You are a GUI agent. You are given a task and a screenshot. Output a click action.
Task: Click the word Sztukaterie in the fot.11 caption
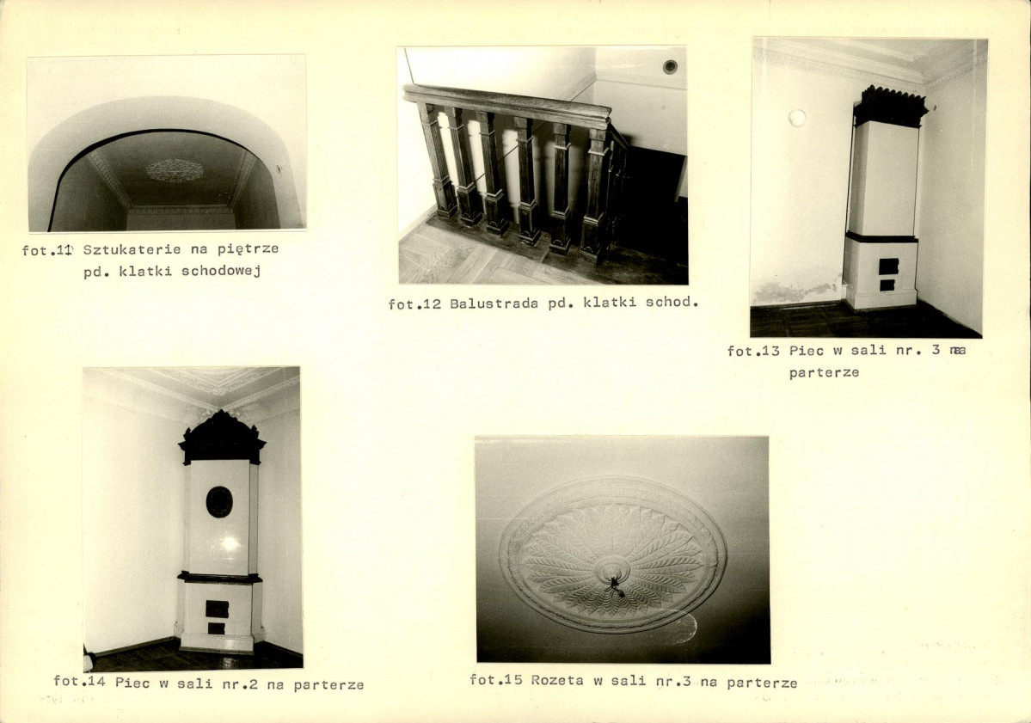(132, 249)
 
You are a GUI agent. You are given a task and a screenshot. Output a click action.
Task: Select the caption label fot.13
(753, 351)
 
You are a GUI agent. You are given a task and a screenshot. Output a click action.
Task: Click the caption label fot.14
(79, 682)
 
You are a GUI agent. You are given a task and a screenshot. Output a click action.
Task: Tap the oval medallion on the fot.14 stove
(219, 502)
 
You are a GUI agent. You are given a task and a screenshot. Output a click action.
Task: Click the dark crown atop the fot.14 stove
(222, 437)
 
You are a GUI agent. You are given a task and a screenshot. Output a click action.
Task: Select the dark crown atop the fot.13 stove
(890, 106)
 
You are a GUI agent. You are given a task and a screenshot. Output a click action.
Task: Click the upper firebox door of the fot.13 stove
(888, 267)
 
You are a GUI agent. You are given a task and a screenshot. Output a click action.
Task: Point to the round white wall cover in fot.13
(797, 119)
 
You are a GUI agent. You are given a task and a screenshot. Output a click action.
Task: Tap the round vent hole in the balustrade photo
(670, 66)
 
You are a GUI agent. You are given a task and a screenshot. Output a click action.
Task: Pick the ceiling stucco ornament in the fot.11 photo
(175, 170)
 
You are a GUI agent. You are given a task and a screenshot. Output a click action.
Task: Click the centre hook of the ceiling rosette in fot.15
(615, 583)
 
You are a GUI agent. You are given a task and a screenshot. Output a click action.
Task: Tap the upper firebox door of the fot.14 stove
(217, 609)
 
